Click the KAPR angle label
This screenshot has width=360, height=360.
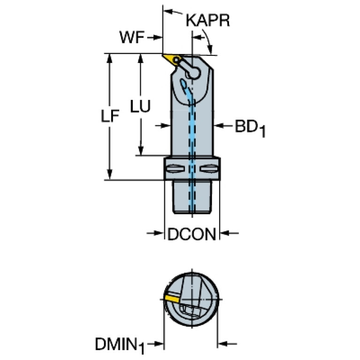click(x=208, y=21)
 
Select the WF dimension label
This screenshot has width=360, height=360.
click(x=132, y=37)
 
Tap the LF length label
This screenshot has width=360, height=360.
click(x=110, y=115)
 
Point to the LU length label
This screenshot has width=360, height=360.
click(x=140, y=106)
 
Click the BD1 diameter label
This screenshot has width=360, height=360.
click(x=250, y=127)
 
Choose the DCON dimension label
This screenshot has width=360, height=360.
click(x=192, y=234)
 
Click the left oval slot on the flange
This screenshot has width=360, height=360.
click(x=176, y=169)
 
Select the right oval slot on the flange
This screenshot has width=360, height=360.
click(x=209, y=169)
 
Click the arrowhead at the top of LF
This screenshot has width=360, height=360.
click(x=110, y=58)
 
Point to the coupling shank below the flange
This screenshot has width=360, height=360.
click(x=192, y=197)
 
